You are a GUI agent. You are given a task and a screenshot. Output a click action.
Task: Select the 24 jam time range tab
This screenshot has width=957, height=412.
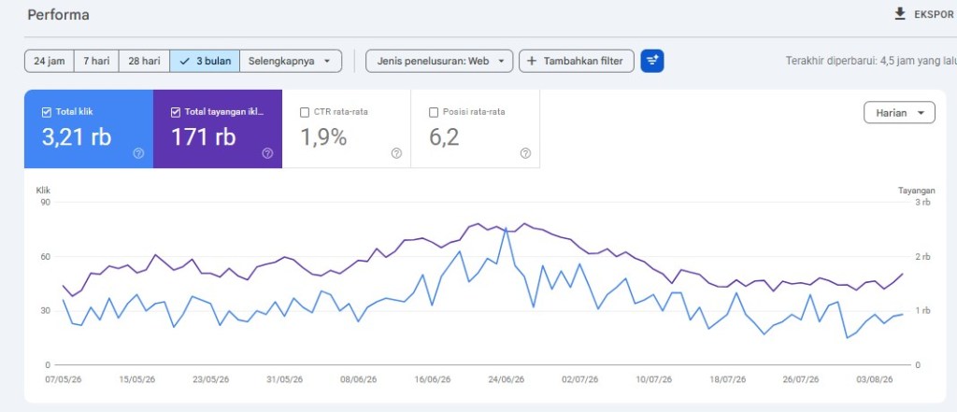coord(50,61)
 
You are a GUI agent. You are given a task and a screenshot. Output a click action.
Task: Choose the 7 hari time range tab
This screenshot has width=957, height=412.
coord(96,61)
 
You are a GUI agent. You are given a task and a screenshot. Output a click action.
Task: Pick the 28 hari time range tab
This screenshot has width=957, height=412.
coord(144,61)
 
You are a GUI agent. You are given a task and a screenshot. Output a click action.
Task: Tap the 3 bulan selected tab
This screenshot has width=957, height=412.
coord(205,61)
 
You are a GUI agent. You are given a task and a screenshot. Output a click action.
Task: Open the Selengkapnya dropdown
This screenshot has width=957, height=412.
coord(292,61)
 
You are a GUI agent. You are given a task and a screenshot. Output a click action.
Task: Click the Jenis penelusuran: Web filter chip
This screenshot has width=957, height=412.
coord(439,61)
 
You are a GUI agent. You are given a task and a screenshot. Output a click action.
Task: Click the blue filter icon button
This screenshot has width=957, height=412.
coord(652,61)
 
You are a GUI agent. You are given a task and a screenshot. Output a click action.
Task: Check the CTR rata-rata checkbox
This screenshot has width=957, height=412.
coord(305,112)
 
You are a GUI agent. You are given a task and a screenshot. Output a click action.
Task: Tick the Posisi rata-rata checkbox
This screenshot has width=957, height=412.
coord(434,112)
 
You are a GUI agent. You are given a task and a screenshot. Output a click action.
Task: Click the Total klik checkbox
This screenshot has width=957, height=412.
coord(47,112)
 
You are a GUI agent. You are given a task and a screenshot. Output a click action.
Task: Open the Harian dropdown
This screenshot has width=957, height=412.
coord(899,113)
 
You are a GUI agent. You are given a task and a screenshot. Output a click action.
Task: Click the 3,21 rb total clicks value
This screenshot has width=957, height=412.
coord(77,137)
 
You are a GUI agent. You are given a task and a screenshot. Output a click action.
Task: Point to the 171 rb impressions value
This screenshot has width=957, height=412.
coord(203,137)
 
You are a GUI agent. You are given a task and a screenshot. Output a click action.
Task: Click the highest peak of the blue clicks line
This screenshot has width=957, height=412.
coord(506,228)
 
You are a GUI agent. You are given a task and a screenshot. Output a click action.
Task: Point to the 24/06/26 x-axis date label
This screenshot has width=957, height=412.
coord(506,379)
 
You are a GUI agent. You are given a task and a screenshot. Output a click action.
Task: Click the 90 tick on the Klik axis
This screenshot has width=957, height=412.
coord(45,202)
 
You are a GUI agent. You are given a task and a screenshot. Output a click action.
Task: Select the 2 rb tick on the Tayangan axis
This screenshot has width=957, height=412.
coord(922,256)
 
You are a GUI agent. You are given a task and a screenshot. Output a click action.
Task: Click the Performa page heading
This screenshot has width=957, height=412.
coord(58,15)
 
